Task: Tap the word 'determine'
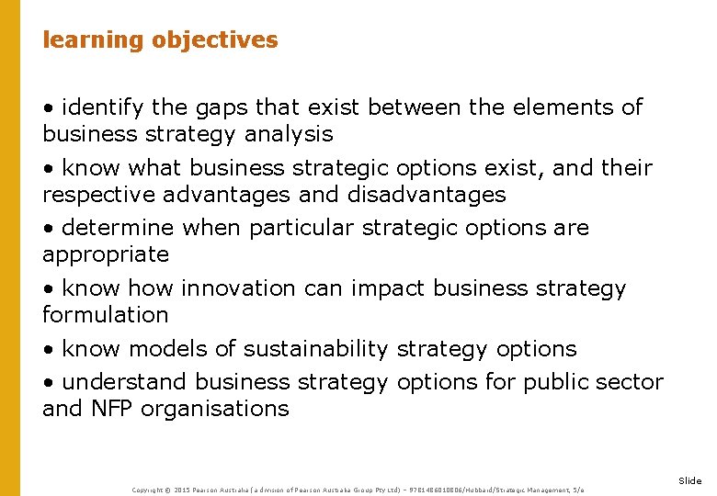(119, 228)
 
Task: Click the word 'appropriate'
(106, 254)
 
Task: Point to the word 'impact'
(389, 288)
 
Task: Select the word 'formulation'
(106, 315)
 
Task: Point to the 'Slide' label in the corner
(689, 480)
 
